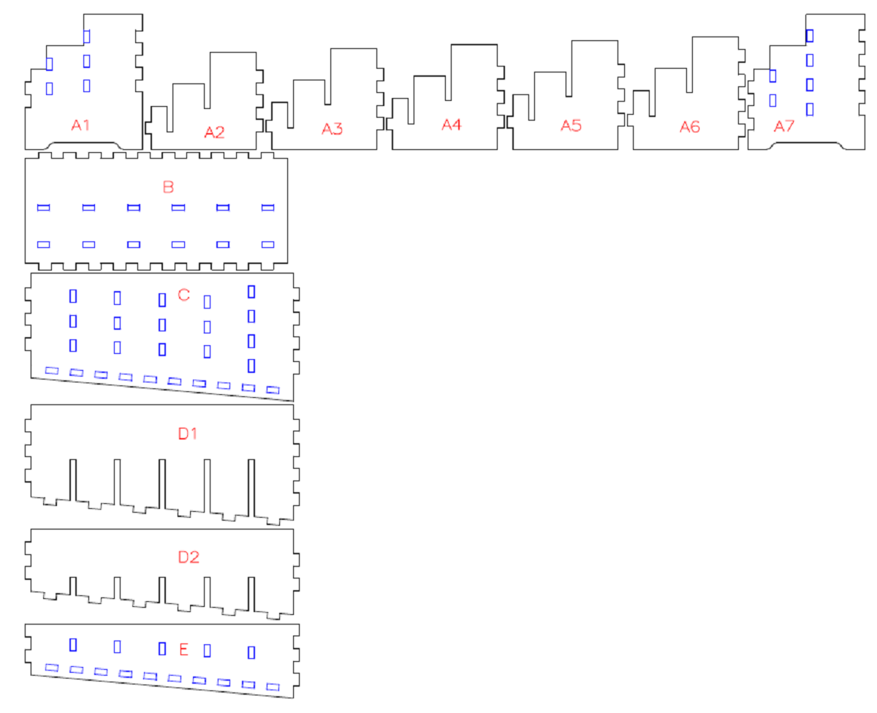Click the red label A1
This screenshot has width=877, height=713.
point(80,125)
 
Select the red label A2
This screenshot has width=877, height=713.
point(214,132)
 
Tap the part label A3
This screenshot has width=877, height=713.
point(333,129)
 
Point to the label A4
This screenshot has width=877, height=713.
point(452,125)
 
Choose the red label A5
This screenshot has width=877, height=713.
point(571,126)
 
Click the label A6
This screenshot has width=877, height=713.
point(689,127)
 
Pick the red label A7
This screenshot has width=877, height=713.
point(784,127)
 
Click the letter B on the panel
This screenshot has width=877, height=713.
point(168,187)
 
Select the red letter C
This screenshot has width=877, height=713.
point(183,295)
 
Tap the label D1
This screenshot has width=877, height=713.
point(188,434)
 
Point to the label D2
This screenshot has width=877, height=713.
point(188,557)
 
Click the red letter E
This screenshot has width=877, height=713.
point(183,649)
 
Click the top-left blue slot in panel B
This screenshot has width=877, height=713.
point(43,208)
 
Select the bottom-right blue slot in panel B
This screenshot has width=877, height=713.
point(268,244)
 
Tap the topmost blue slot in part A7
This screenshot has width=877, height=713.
point(810,35)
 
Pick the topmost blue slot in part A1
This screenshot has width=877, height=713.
point(87,36)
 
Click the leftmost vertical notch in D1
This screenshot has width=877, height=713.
point(72,480)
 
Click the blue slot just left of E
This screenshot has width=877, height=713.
point(162,648)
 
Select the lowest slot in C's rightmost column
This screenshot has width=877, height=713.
point(251,365)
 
